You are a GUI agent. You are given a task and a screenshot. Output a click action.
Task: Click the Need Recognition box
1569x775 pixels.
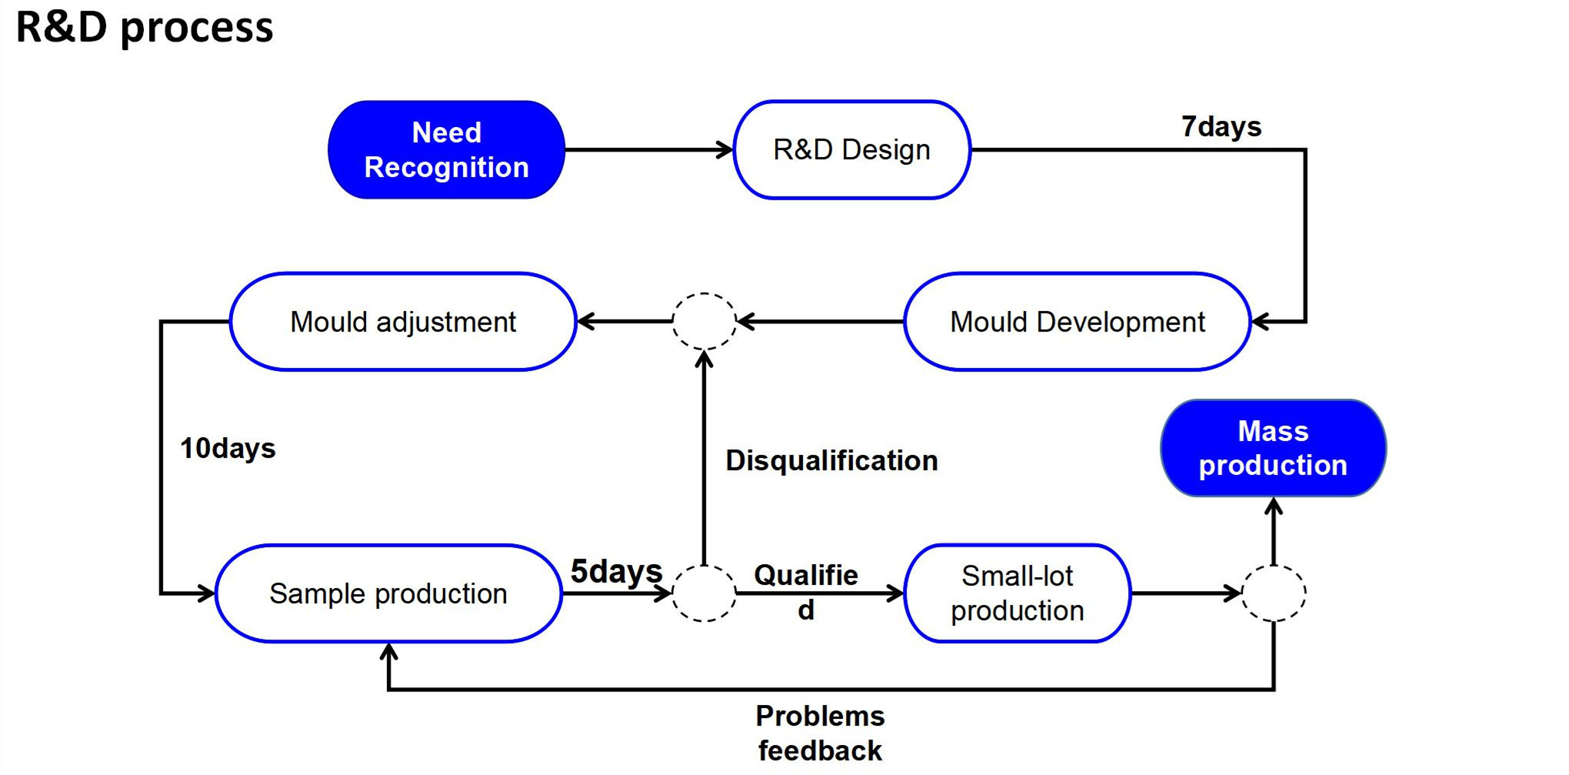tap(446, 149)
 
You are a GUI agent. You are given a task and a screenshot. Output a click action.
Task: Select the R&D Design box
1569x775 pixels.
tap(852, 149)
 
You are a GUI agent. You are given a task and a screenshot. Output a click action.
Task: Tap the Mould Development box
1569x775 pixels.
tap(1078, 322)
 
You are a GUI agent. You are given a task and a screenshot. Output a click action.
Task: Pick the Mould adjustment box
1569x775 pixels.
tap(403, 322)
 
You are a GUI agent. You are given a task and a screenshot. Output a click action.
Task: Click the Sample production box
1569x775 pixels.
tap(388, 593)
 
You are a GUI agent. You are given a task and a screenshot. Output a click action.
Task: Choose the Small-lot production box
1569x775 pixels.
tap(1018, 593)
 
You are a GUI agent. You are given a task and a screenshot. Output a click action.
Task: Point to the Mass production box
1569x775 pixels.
tap(1274, 448)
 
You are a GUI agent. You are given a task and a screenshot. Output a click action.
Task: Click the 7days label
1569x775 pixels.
tap(1221, 126)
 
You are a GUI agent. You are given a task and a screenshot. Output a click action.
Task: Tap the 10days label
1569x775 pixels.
tap(228, 448)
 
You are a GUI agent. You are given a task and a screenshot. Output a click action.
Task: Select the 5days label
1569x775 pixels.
tap(616, 572)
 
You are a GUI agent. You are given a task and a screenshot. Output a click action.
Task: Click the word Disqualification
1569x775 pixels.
tap(832, 460)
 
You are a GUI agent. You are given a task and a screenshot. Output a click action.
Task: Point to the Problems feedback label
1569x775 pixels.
tap(821, 733)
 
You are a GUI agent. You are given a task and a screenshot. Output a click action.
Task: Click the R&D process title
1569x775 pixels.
tap(145, 28)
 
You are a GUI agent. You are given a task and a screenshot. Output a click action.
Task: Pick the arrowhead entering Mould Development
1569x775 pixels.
tap(1261, 322)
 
